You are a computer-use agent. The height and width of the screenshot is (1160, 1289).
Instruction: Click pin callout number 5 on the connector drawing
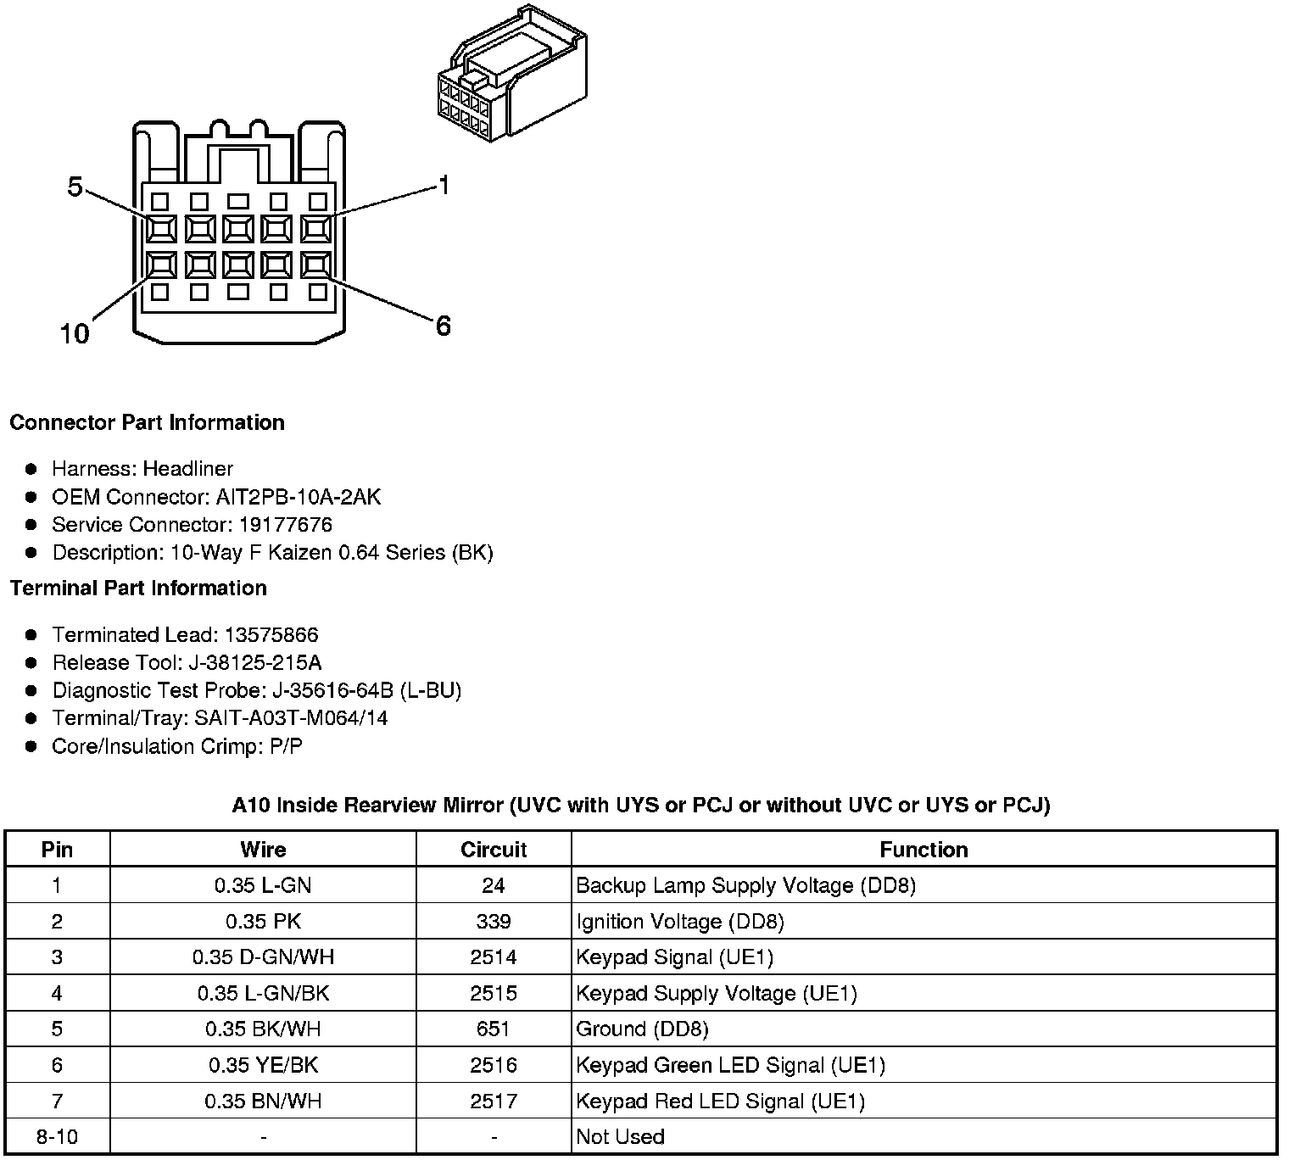click(75, 187)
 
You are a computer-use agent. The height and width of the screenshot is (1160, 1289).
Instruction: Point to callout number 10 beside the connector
click(75, 333)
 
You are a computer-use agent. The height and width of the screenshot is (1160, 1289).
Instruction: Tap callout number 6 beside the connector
click(443, 326)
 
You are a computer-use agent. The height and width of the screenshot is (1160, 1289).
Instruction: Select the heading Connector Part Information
click(147, 422)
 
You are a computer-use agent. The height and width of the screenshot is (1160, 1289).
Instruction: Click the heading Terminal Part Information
click(138, 588)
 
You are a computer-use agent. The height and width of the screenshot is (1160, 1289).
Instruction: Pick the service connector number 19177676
click(286, 524)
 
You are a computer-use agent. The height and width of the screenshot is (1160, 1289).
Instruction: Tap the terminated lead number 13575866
click(271, 634)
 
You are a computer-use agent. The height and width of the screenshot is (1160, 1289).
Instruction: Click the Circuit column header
click(494, 850)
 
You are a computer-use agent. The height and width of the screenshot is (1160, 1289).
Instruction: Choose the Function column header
click(924, 850)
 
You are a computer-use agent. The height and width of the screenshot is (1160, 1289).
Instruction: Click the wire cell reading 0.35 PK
click(263, 922)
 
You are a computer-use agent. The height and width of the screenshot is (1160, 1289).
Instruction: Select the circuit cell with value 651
click(494, 1029)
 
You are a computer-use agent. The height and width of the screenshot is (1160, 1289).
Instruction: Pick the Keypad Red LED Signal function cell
click(720, 1101)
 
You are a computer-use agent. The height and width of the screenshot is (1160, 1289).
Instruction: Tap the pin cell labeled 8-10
click(57, 1136)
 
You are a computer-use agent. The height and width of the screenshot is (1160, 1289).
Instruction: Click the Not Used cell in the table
click(620, 1136)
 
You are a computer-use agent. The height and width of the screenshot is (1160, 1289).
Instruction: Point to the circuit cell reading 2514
click(494, 957)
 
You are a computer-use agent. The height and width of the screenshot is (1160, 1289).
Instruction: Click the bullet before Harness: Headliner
click(31, 469)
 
